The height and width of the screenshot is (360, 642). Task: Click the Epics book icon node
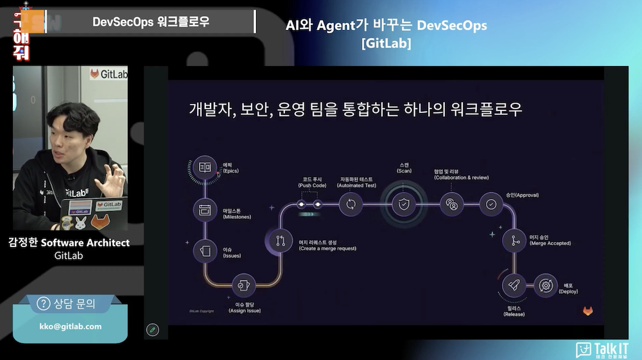tap(205, 167)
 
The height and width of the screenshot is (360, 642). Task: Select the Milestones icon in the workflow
tap(205, 210)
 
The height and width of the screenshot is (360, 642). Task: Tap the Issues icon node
tap(205, 250)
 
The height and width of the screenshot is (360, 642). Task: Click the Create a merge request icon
tap(280, 241)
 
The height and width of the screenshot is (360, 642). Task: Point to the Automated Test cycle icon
tap(351, 205)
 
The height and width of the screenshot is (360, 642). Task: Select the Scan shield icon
tap(403, 205)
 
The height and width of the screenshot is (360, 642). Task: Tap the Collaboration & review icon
tap(452, 205)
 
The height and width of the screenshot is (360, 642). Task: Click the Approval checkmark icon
tap(491, 205)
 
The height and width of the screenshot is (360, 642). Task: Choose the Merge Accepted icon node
tap(514, 241)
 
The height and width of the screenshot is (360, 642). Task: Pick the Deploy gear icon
tap(546, 285)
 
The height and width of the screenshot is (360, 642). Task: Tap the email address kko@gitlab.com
tap(71, 326)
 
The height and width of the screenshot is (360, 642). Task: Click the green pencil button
tap(152, 330)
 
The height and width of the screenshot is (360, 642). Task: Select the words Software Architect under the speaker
tap(85, 243)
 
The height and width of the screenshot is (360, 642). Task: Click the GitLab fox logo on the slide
tap(587, 311)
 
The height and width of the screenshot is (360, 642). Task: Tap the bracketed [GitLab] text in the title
tap(386, 44)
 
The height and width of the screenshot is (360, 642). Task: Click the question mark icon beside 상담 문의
tap(44, 304)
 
